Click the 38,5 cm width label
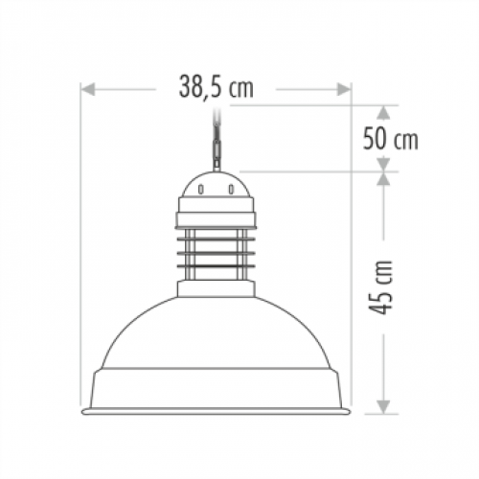217,87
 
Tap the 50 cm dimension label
390,138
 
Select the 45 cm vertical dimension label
380,287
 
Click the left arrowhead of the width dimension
88,89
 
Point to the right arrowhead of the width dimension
344,89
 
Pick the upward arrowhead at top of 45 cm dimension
383,179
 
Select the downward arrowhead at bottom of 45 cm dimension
383,407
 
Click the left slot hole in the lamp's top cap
200,190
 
